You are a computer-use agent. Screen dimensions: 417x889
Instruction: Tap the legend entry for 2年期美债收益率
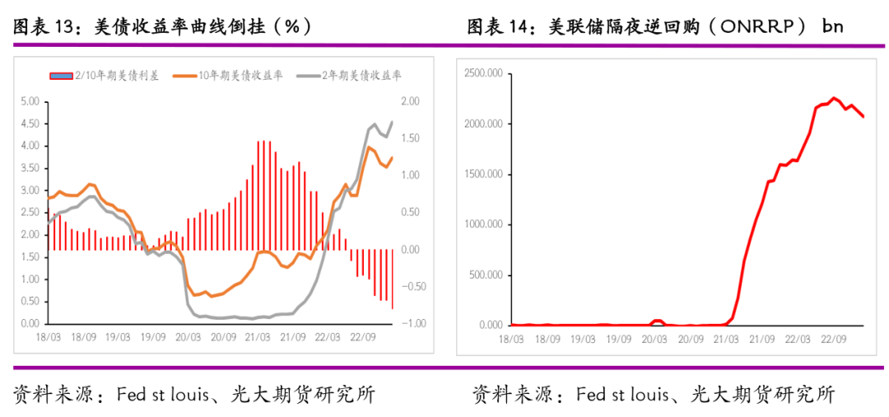(349, 76)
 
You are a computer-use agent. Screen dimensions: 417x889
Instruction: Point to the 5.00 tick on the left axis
(30, 101)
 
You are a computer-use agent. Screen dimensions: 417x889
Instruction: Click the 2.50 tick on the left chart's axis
(30, 213)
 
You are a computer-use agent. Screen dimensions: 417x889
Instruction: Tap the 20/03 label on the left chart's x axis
(189, 337)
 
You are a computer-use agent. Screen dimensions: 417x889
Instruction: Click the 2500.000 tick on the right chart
(483, 73)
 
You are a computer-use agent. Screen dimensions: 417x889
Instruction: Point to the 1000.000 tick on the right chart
(483, 224)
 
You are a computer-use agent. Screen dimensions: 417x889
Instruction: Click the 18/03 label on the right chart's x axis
(511, 338)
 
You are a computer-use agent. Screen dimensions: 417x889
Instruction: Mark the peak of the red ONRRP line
(833, 98)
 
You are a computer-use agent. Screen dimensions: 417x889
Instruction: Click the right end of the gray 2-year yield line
(392, 122)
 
